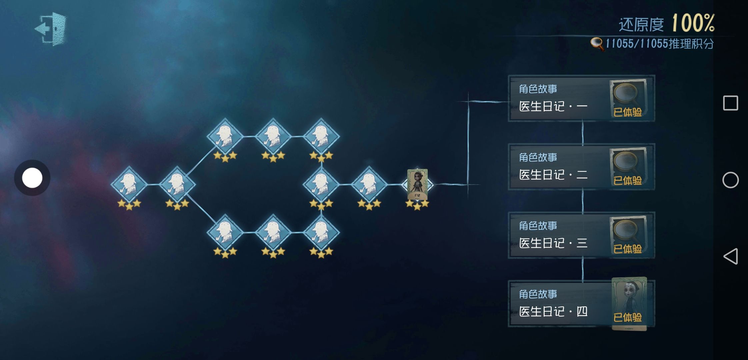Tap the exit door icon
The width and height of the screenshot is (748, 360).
point(51,29)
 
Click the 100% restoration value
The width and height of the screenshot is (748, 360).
point(693,23)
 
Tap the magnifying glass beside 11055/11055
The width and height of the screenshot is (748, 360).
point(597,44)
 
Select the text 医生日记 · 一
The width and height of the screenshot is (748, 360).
point(553,106)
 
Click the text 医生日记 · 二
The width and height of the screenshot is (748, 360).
point(553,175)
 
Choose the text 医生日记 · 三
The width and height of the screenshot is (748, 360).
point(553,243)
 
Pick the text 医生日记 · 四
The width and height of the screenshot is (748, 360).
point(553,312)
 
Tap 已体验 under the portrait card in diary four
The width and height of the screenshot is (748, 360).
point(628,317)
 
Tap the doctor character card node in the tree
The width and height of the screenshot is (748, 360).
point(417,184)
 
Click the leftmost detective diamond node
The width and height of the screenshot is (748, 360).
point(129,184)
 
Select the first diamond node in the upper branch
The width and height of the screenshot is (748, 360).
point(225,136)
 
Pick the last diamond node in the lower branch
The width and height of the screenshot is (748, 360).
point(321,232)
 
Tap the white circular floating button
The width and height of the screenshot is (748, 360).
point(32,178)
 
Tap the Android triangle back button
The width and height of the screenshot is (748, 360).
point(730,256)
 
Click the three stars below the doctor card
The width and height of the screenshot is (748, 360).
point(417,205)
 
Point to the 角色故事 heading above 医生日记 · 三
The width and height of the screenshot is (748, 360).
point(538,226)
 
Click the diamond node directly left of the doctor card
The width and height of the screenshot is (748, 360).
point(369,184)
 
